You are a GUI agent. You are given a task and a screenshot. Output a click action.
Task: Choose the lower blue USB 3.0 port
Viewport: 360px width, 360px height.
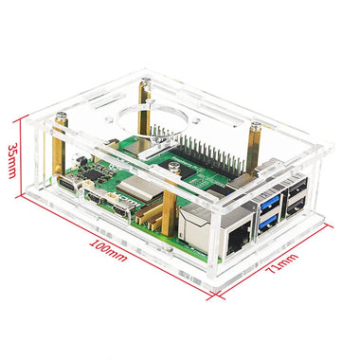266,222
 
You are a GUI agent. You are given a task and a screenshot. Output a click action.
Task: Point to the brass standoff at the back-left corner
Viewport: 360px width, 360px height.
144,104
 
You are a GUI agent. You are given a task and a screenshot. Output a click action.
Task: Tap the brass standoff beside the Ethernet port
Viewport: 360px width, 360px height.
168,213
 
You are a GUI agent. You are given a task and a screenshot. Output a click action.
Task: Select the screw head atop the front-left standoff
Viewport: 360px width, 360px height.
59,116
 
